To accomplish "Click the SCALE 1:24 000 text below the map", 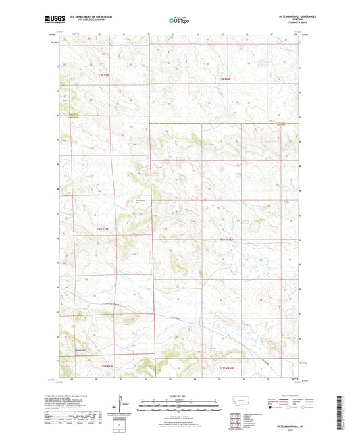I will click(179, 396).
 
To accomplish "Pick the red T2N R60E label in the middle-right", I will click(226, 240).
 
